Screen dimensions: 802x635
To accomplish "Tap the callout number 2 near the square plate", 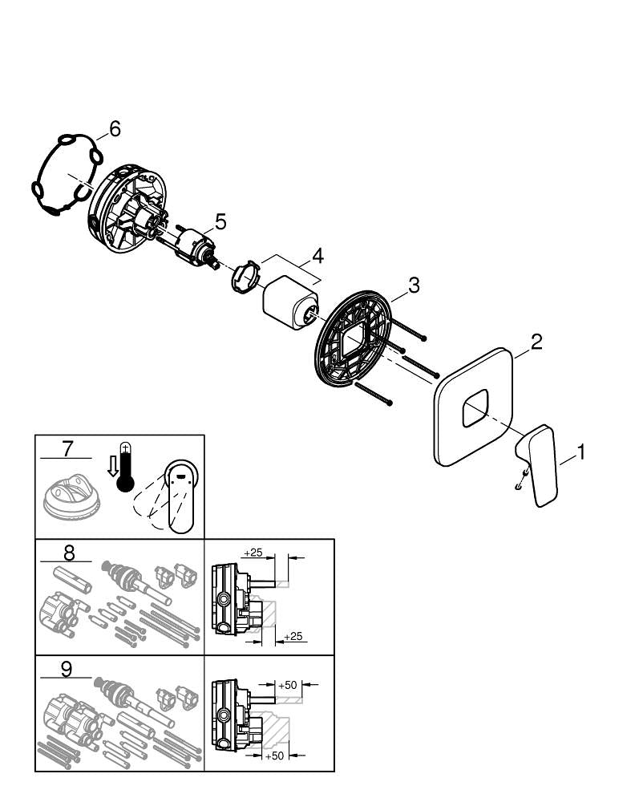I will coord(536,342).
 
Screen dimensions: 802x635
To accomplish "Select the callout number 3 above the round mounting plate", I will coord(414,284).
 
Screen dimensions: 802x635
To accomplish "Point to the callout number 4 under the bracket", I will coord(317,257).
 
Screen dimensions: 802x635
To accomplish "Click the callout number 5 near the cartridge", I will coord(220,221).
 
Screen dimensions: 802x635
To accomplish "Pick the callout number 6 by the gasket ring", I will coord(115,128).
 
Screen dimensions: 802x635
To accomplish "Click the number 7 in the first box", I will coord(67,446).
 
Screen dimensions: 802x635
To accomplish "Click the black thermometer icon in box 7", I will coord(124,469).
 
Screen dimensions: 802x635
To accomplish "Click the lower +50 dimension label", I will coord(277,756).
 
